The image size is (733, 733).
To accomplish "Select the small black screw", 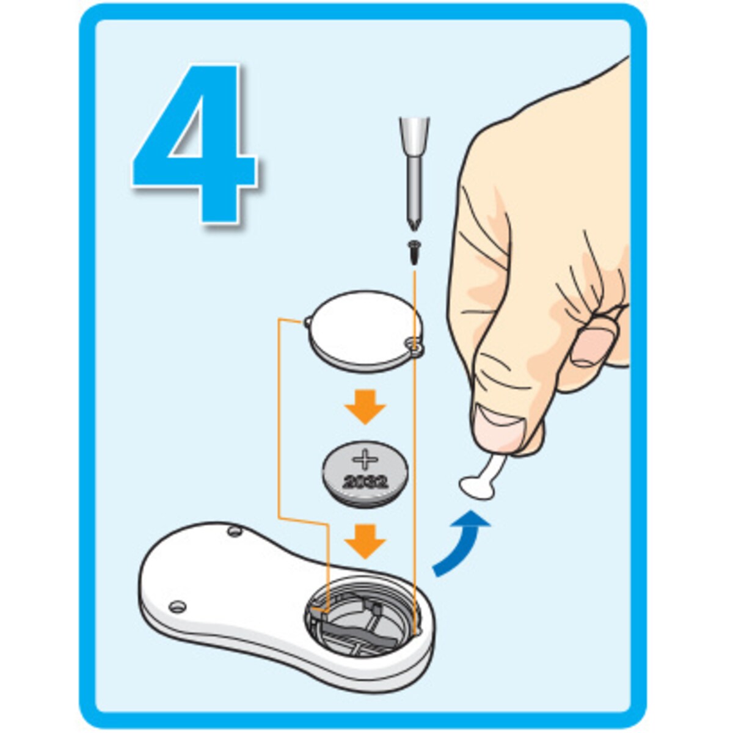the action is (414, 252).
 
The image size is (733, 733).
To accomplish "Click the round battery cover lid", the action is (365, 330).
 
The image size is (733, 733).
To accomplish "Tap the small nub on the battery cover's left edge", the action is (307, 322).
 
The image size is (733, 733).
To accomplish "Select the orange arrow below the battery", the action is (365, 541).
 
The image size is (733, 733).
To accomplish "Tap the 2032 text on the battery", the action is (365, 483).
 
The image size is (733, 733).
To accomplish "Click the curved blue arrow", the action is (461, 545).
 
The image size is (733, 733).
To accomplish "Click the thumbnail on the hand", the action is (500, 421).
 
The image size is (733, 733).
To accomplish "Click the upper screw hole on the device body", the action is (234, 531).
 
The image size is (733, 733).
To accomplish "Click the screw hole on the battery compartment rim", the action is (416, 632).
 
